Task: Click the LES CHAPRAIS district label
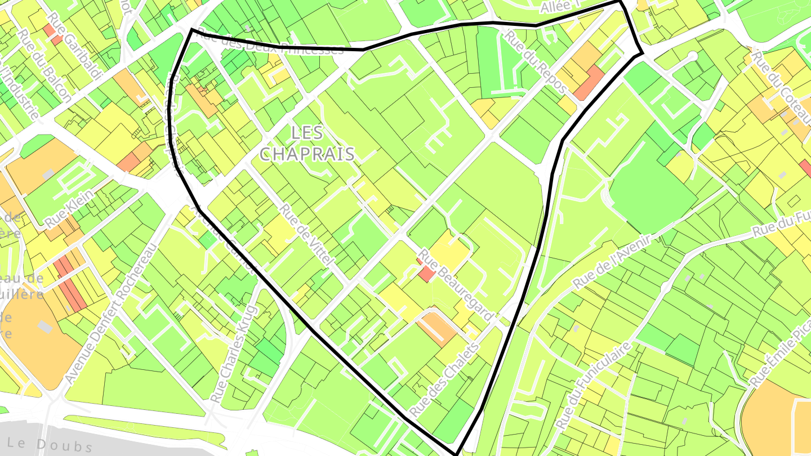pos(307,143)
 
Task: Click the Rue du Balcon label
pos(44,65)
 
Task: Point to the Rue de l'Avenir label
pos(612,263)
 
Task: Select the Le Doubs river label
pos(51,443)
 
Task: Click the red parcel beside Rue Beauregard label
pos(427,274)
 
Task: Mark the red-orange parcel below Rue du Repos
pos(589,83)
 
